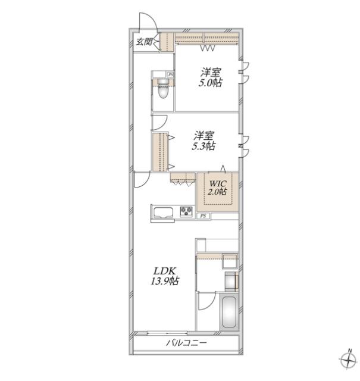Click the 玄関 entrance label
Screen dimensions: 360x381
(144, 42)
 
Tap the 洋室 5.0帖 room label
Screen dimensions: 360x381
(211, 78)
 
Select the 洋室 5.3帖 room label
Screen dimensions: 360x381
(204, 141)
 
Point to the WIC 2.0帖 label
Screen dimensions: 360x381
(218, 188)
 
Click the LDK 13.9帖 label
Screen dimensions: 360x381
(165, 276)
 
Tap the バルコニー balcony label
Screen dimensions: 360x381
(186, 343)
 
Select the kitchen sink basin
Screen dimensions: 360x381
(163, 213)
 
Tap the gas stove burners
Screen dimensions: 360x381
(186, 211)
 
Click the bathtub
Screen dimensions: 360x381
(230, 312)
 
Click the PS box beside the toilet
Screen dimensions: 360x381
(171, 74)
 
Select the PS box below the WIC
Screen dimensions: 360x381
(204, 216)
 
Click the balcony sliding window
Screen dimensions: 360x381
(167, 333)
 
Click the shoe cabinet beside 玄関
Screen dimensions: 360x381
(167, 42)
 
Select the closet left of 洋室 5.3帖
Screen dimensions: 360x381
(160, 152)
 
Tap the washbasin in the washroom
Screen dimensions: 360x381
(231, 281)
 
